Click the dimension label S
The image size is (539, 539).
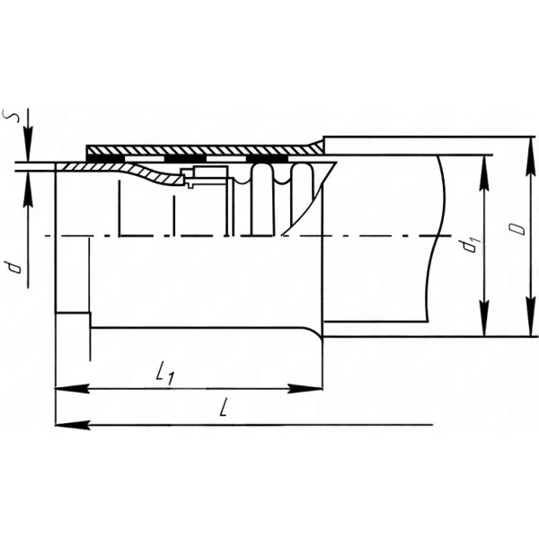click(10, 116)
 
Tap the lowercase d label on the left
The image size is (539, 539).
click(14, 267)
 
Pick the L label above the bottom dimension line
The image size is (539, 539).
click(224, 407)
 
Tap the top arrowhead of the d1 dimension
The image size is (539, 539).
click(484, 173)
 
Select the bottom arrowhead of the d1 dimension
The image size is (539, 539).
click(484, 319)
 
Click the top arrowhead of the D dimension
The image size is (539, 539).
click(531, 155)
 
